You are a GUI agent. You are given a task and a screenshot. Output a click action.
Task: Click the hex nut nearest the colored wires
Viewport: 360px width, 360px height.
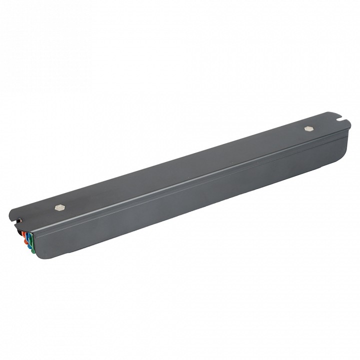tap(60, 206)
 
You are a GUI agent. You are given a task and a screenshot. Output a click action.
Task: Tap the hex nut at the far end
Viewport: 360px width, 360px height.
tap(308, 128)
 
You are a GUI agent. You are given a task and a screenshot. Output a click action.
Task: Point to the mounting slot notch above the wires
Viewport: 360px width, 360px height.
tap(19, 219)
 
